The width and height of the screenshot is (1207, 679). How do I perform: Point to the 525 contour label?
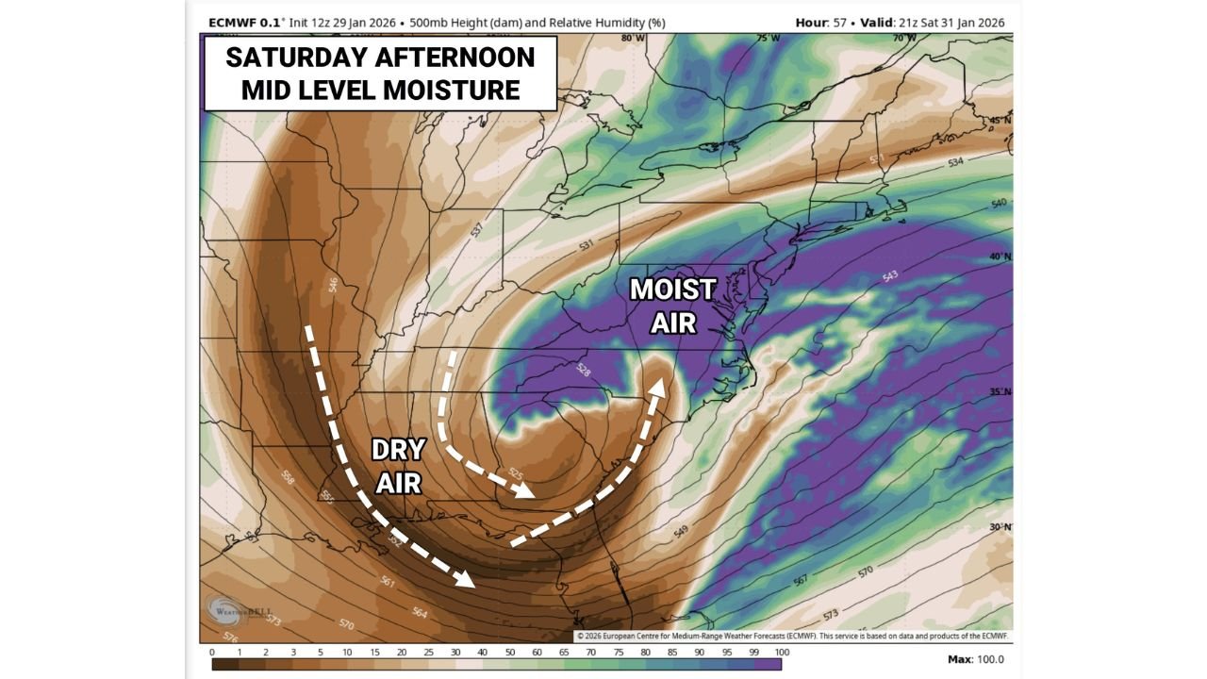(515, 471)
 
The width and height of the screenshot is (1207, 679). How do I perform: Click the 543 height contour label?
(889, 276)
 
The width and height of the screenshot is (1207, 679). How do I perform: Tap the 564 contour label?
(420, 613)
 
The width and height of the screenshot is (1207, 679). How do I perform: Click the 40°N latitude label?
(1000, 257)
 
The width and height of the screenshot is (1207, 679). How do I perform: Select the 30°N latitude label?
(1000, 527)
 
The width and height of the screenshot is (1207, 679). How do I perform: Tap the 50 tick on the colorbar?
(511, 652)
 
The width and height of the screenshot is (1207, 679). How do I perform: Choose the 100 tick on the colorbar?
(782, 652)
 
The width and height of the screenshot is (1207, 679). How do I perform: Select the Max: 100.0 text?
(976, 659)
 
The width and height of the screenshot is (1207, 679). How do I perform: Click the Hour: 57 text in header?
(823, 23)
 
